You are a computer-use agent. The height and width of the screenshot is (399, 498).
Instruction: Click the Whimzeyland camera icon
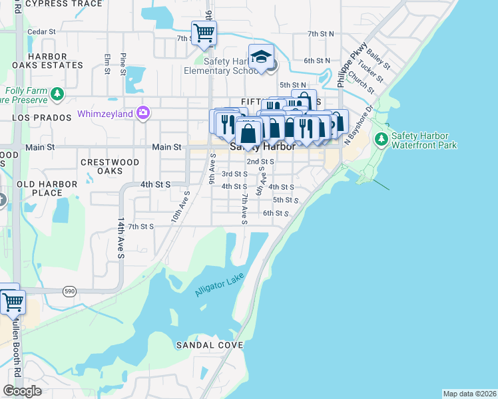pos(142,113)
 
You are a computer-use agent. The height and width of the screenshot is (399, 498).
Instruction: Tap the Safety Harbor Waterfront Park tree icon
pos(381,140)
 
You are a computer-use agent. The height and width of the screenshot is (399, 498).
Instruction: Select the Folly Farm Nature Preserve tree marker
pos(57,94)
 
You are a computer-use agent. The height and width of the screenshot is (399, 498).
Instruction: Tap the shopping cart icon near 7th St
pos(204,32)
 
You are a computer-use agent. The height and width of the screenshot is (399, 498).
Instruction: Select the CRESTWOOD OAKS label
pos(110,166)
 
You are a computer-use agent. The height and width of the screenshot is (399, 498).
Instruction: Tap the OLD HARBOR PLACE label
pos(39,188)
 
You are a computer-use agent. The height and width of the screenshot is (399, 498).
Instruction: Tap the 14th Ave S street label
pos(121,236)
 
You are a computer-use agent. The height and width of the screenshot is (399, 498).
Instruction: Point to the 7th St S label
pos(141,226)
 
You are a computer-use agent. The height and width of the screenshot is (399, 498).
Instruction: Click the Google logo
pos(22,391)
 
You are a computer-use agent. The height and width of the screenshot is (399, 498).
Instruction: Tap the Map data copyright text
pos(470,394)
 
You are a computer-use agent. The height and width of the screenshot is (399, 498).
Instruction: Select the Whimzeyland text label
pos(105,113)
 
